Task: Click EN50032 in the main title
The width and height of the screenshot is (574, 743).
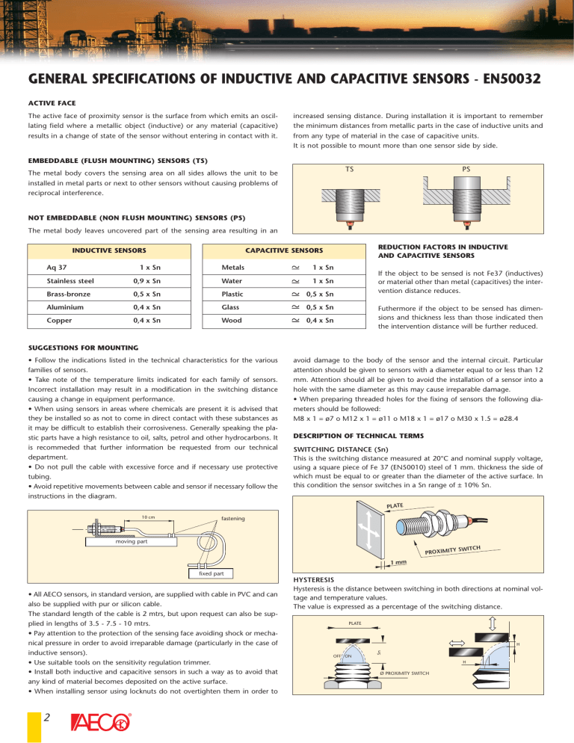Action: pos(502,78)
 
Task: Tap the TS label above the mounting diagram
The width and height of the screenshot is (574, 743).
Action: pos(349,169)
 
